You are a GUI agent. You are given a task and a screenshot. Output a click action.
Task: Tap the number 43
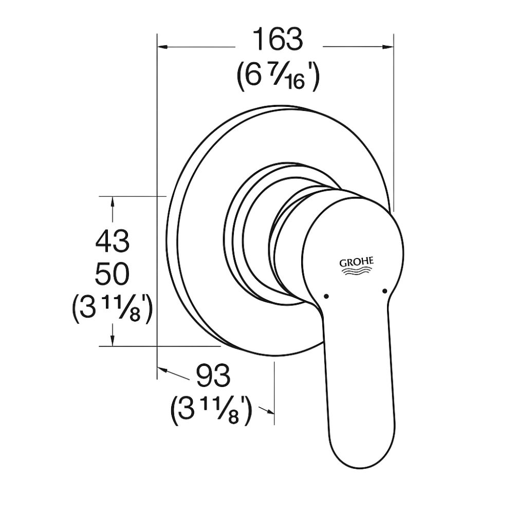point(112,241)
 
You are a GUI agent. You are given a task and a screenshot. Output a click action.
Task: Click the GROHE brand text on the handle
point(356,262)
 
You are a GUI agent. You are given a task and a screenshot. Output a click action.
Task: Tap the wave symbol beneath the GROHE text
point(356,273)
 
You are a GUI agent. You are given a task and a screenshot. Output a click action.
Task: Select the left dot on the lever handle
point(325,296)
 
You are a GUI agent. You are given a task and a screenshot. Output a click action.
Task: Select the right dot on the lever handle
point(384,291)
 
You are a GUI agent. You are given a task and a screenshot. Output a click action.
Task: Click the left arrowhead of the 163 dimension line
point(163,47)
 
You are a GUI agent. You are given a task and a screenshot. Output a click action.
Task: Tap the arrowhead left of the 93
point(163,371)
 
